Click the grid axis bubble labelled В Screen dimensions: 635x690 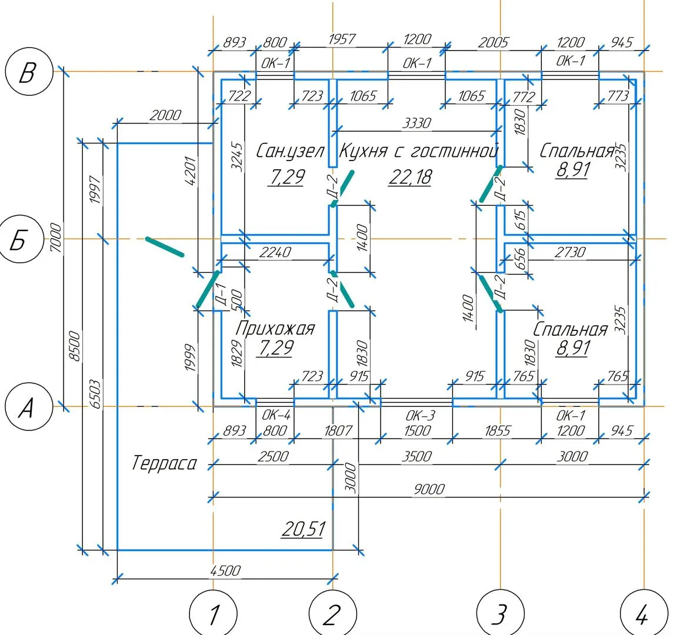(26, 73)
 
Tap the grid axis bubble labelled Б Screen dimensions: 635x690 (19, 240)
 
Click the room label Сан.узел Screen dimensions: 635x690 (290, 151)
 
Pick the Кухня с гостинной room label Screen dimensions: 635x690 (419, 151)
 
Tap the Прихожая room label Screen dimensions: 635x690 (275, 328)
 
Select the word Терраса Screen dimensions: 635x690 (164, 463)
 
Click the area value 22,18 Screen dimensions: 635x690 (410, 176)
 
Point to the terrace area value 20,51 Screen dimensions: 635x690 (303, 529)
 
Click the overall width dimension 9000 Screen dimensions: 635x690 (429, 489)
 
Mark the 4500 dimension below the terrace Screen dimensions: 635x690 (225, 570)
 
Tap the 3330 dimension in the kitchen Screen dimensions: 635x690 (416, 123)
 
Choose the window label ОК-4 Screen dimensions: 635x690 (275, 415)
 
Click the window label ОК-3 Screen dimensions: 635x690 (421, 415)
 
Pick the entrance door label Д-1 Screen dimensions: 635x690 (221, 292)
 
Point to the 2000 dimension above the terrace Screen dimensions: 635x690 (165, 115)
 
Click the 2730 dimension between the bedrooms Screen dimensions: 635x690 (570, 252)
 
